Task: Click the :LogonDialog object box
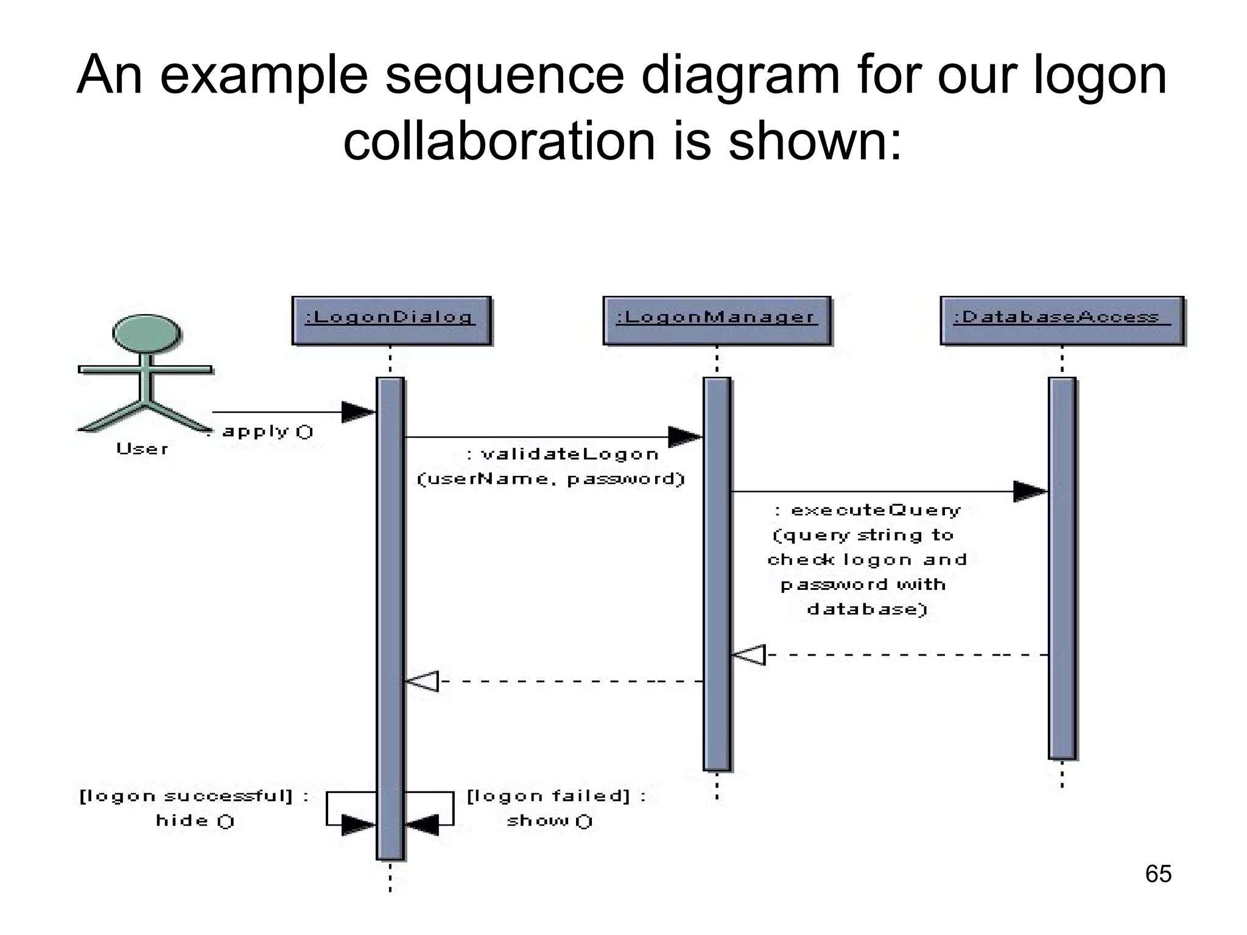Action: [391, 320]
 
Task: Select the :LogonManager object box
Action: [717, 320]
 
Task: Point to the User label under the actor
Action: [142, 449]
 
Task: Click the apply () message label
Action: [267, 432]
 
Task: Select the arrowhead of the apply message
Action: [358, 412]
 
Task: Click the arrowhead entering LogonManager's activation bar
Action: [685, 436]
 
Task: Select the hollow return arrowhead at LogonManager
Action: [748, 655]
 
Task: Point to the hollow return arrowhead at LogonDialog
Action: [422, 681]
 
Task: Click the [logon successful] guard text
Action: [194, 796]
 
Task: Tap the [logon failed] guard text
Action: [556, 796]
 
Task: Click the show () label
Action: [549, 821]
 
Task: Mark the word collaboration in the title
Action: [499, 141]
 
